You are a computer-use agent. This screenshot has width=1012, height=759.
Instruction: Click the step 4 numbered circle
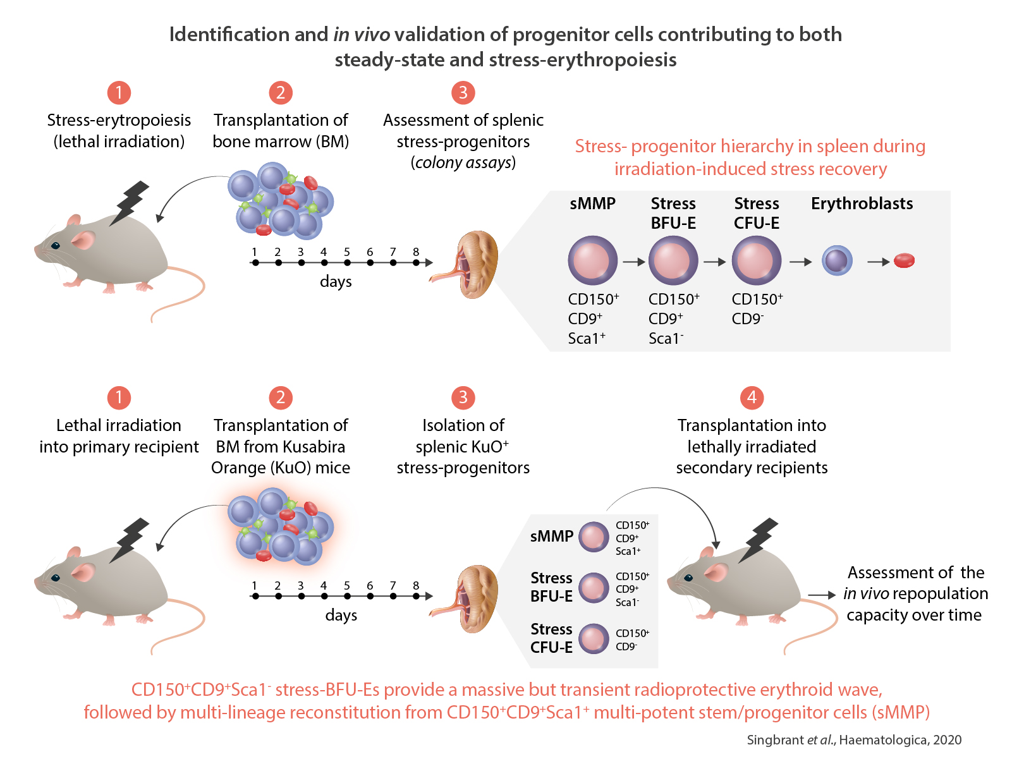tap(752, 398)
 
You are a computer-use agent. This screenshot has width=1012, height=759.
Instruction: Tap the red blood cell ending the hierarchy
tap(904, 260)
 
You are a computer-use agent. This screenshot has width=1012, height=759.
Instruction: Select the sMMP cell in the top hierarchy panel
tap(592, 260)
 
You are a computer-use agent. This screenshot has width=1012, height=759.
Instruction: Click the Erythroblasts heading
tap(862, 203)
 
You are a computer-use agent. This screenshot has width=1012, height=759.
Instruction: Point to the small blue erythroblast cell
tap(837, 260)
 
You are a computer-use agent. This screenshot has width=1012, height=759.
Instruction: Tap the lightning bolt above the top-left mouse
tap(131, 202)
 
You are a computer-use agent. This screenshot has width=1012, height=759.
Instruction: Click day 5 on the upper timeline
tap(347, 262)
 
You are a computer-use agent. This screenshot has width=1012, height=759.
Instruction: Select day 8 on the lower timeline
tap(416, 596)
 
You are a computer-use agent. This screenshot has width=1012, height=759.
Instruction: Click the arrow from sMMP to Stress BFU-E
tap(633, 261)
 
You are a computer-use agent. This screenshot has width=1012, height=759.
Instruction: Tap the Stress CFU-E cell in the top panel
tap(756, 260)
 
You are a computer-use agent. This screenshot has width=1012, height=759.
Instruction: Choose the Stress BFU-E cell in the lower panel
tap(594, 588)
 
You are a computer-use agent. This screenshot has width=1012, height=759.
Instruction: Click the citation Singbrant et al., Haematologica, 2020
tap(854, 740)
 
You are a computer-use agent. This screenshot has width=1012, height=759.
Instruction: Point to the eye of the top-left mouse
tap(56, 245)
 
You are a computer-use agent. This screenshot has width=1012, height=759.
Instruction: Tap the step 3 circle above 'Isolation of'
tap(463, 398)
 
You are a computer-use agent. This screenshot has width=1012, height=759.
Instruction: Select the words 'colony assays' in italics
tap(463, 162)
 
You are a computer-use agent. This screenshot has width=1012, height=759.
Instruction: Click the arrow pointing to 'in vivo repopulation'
tap(822, 595)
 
